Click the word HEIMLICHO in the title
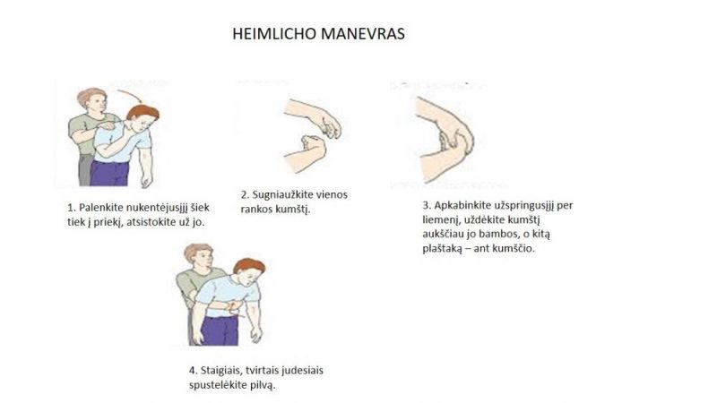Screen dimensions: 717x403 pyautogui.click(x=274, y=34)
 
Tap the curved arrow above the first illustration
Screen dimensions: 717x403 pyautogui.click(x=130, y=95)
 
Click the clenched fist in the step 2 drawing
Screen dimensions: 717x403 pyautogui.click(x=312, y=143)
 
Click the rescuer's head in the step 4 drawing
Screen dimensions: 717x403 pyautogui.click(x=199, y=256)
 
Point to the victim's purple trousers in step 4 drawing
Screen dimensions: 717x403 pyautogui.click(x=220, y=330)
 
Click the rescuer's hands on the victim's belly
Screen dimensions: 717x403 pyautogui.click(x=233, y=308)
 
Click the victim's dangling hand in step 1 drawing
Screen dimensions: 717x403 pyautogui.click(x=146, y=181)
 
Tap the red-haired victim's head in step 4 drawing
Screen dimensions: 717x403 pyautogui.click(x=249, y=272)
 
